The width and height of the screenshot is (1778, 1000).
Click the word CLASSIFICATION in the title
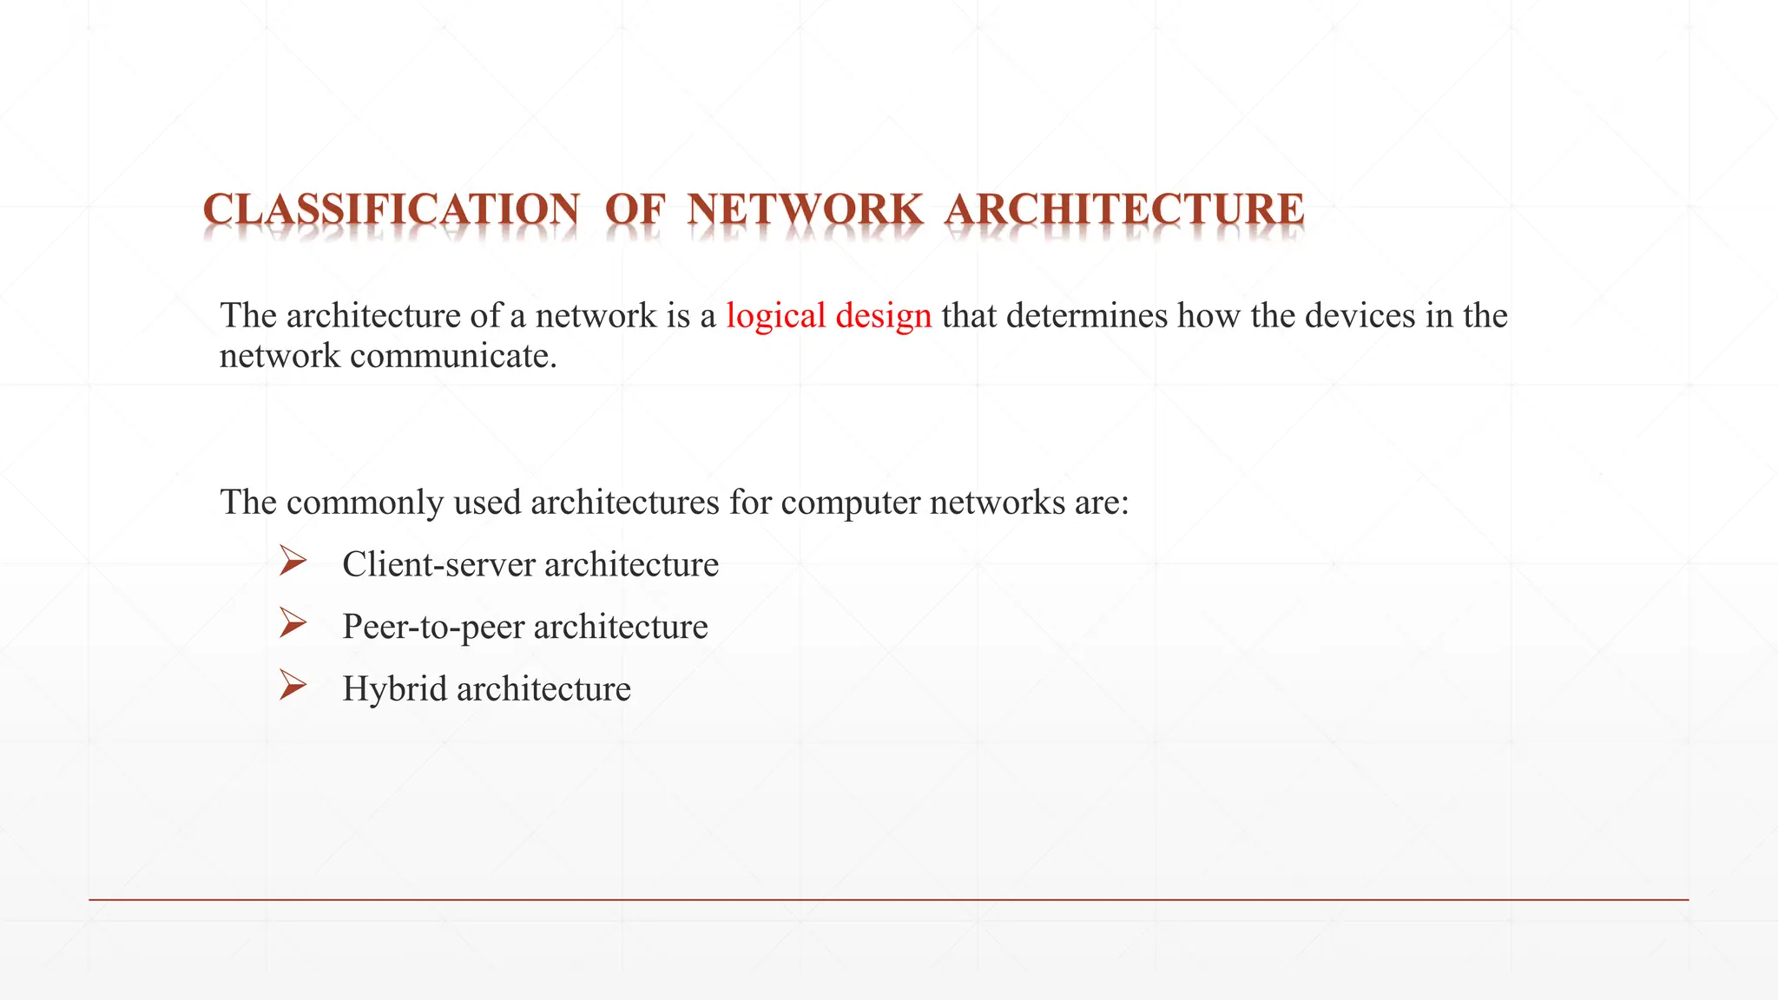[x=391, y=210]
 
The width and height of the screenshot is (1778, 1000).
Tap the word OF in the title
[x=635, y=210]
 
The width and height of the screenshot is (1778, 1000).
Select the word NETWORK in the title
[x=805, y=210]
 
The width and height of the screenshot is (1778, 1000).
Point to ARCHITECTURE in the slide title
[x=1124, y=210]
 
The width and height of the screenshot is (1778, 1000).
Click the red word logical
[x=775, y=316]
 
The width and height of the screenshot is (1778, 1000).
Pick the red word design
[x=883, y=316]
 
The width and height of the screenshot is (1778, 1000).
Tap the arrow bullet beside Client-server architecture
[x=293, y=562]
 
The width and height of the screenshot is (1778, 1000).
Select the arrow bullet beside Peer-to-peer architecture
[x=293, y=624]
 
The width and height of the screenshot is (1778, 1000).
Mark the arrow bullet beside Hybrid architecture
[x=293, y=687]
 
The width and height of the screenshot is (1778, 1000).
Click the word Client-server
[x=438, y=565]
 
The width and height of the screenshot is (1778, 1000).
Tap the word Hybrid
[x=394, y=690]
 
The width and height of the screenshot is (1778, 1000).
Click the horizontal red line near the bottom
[x=889, y=900]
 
